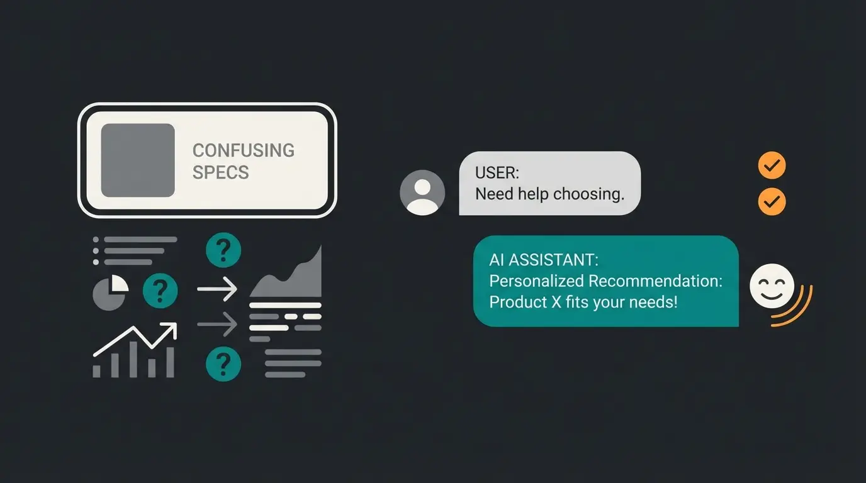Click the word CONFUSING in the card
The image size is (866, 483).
click(x=243, y=150)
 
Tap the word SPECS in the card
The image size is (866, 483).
click(x=220, y=172)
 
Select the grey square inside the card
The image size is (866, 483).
click(x=138, y=160)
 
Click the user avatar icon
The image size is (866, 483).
click(x=422, y=192)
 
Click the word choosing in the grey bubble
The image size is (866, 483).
click(x=588, y=194)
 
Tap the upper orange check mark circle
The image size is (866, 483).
click(x=772, y=167)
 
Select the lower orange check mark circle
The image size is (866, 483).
click(x=772, y=202)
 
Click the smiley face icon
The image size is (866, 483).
click(x=772, y=286)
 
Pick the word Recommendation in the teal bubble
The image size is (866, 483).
click(x=655, y=280)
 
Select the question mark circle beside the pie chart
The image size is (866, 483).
click(x=160, y=291)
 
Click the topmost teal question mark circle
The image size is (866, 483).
click(x=223, y=250)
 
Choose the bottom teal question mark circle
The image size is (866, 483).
click(x=223, y=363)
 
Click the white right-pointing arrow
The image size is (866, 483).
click(x=217, y=290)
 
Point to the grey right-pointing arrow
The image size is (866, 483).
click(x=217, y=325)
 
